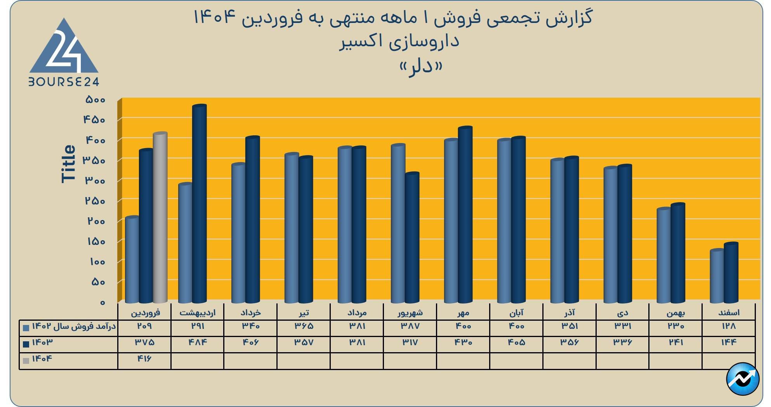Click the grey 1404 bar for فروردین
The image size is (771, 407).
coord(160,218)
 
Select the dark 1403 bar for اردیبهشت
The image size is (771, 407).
coord(200,204)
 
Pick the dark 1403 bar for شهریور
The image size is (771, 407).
coord(412,238)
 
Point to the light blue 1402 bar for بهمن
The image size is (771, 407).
coord(663,255)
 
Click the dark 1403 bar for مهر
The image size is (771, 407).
coord(465,215)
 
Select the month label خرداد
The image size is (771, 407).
coord(250,313)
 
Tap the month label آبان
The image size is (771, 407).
coord(516,313)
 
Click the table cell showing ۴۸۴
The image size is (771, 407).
coord(197,342)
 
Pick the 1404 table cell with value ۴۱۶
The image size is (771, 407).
coord(144,359)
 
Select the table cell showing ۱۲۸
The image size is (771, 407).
coord(729,326)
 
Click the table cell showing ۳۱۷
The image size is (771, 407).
coord(410,342)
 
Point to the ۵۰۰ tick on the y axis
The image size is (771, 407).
coord(95,100)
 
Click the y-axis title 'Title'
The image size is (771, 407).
coord(68,163)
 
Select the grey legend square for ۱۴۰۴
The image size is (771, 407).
coord(26,360)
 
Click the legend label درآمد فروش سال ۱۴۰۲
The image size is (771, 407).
coord(74,326)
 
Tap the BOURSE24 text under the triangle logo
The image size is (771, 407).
coord(64,82)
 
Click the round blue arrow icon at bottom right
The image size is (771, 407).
coord(743,379)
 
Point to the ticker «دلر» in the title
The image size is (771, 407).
coord(421,67)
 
